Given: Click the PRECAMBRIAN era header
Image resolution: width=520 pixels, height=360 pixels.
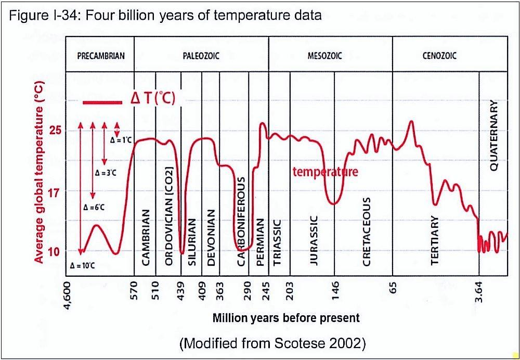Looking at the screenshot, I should click(100, 56).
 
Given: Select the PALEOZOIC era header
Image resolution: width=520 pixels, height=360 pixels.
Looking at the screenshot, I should click(201, 56).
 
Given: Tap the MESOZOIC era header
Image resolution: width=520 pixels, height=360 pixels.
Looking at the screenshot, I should click(329, 56).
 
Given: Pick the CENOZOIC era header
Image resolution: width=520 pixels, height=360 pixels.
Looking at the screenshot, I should click(440, 56).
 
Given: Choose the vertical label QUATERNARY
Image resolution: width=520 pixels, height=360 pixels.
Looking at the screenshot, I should click(494, 135).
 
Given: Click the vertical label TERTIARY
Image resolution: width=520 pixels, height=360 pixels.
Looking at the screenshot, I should click(435, 240).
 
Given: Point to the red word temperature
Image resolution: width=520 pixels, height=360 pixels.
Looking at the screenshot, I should click(326, 171).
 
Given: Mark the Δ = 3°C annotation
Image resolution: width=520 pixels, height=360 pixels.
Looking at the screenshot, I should click(105, 172).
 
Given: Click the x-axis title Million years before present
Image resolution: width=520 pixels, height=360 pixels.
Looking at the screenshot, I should click(286, 317).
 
